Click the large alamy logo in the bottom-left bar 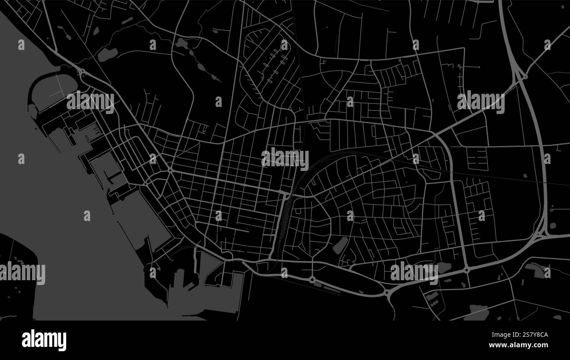(44, 340)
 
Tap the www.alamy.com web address (518, 345)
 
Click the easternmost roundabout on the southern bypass (467, 270)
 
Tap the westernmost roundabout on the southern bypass (312, 279)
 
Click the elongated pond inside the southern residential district (340, 245)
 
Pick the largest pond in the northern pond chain (107, 54)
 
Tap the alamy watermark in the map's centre (285, 158)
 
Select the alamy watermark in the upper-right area (481, 102)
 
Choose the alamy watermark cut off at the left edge (22, 273)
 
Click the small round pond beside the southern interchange (553, 225)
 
